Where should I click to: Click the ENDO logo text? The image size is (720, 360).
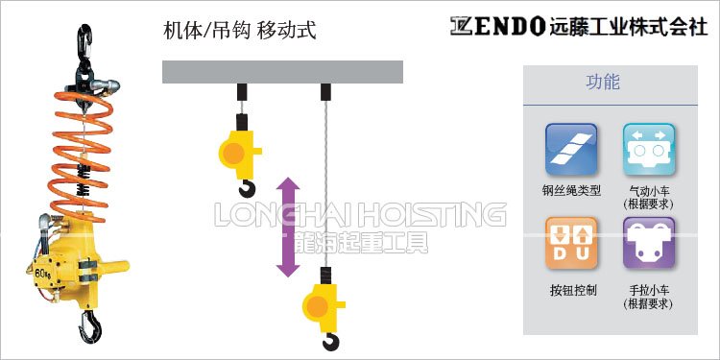click(499, 26)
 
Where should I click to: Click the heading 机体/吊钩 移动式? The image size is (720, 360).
click(240, 30)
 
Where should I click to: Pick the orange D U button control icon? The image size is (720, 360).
click(572, 243)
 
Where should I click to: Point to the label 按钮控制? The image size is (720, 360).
click(573, 290)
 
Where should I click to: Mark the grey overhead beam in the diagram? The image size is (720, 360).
click(282, 72)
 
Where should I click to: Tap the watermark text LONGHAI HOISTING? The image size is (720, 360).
click(360, 213)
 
